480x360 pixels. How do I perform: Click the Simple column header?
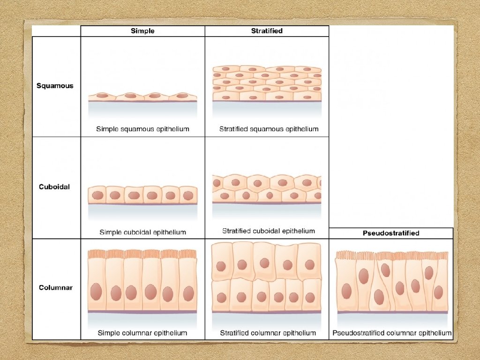click(142, 31)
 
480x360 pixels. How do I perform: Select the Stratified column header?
click(267, 31)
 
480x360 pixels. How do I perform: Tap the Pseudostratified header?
click(391, 233)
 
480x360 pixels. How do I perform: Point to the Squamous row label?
click(55, 86)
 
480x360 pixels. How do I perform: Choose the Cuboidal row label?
click(54, 187)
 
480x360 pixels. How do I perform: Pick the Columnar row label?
click(55, 287)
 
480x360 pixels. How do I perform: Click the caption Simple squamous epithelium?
click(142, 129)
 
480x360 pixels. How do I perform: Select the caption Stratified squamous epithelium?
click(269, 129)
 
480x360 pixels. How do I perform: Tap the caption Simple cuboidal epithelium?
click(142, 232)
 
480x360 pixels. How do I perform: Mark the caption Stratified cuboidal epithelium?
click(269, 231)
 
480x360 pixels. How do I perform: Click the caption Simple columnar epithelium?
click(142, 333)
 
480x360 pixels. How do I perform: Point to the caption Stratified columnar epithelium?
click(268, 333)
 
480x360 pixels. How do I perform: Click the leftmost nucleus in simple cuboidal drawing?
click(97, 195)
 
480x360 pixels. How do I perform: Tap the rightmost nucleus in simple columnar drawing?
click(188, 293)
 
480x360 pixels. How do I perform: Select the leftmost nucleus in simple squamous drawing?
click(102, 96)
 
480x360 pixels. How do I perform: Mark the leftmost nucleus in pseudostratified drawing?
click(346, 291)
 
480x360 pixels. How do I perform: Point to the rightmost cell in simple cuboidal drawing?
click(188, 195)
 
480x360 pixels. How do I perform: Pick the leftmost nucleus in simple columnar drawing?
click(97, 292)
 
